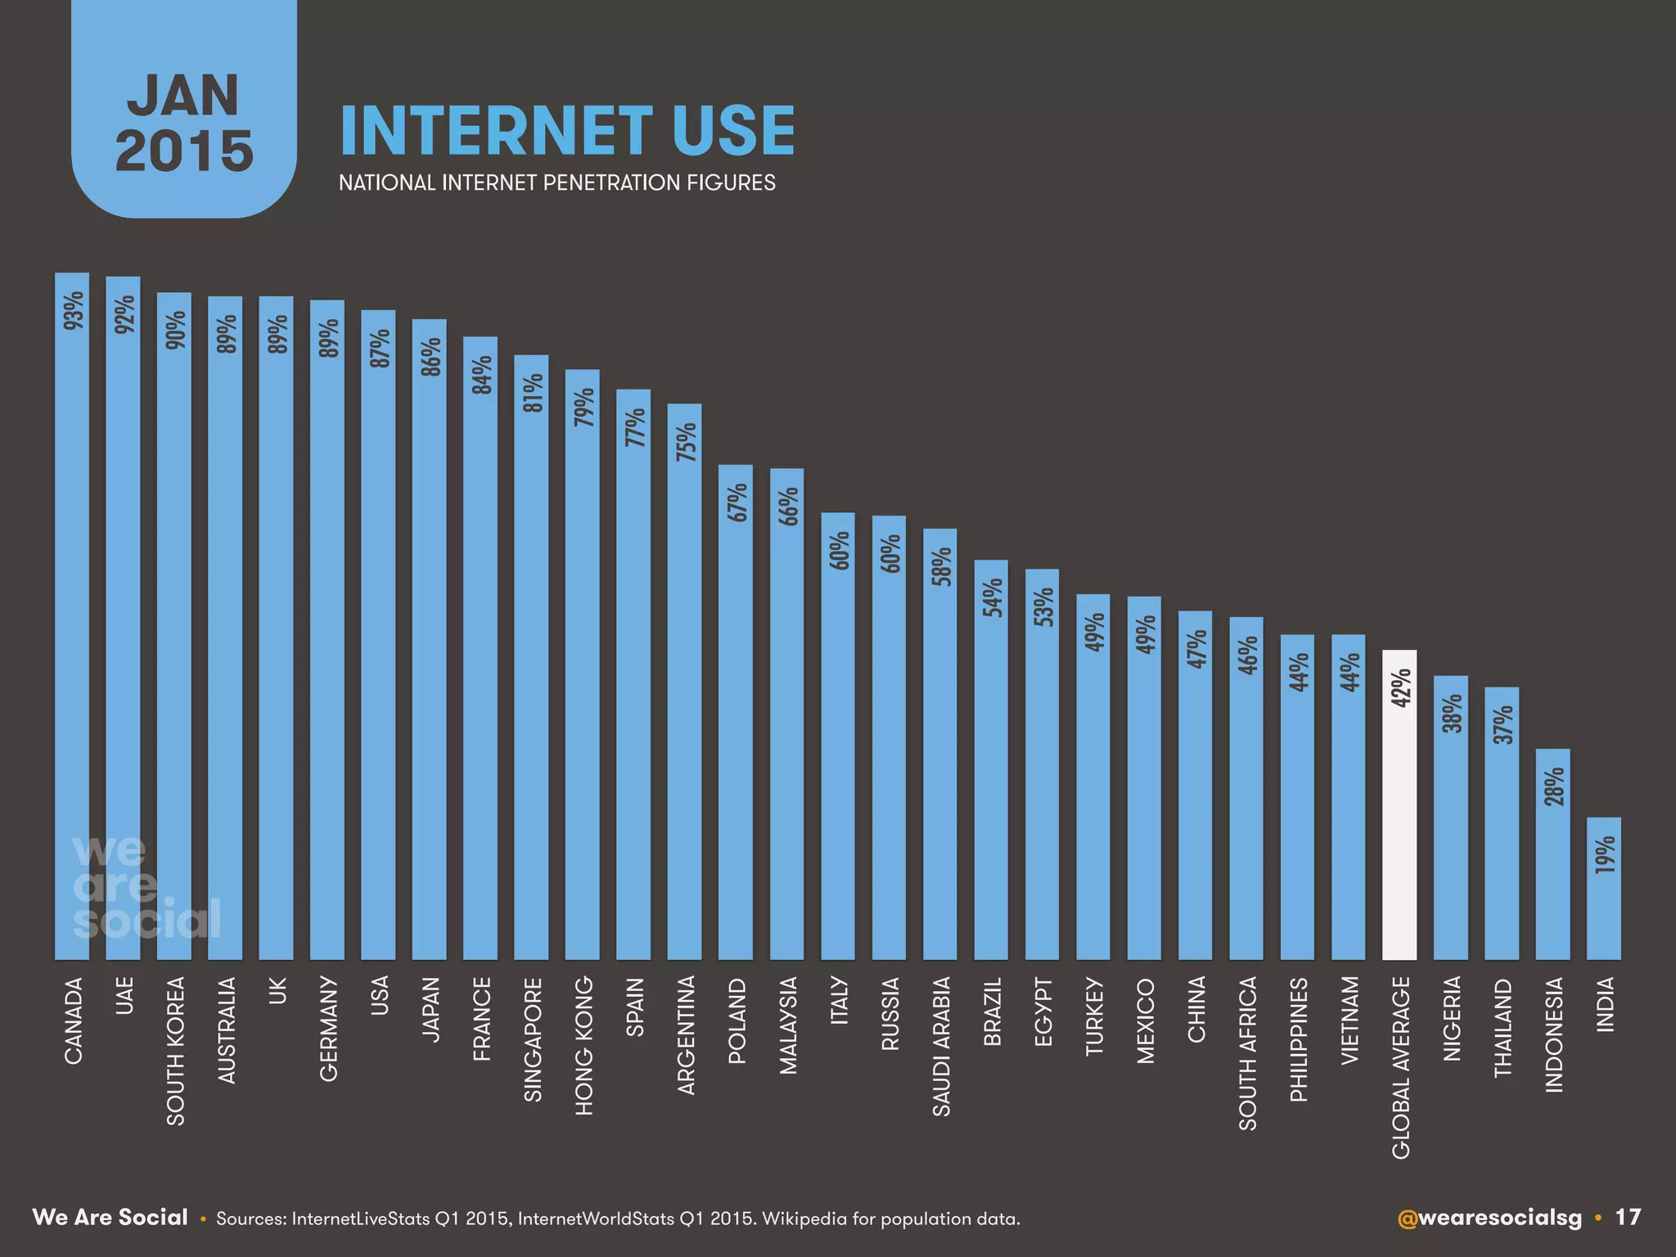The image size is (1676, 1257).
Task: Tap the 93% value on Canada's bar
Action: [74, 310]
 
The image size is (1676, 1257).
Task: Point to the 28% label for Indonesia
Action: [1553, 786]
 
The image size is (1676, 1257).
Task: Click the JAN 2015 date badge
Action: [184, 123]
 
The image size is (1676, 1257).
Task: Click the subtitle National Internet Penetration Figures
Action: [556, 182]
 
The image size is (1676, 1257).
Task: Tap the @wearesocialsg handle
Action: [1489, 1218]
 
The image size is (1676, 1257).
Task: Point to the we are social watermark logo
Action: [146, 888]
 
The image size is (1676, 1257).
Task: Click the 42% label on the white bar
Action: [1400, 687]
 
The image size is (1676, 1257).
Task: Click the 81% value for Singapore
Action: [532, 393]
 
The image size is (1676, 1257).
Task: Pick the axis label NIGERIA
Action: [1452, 1019]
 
